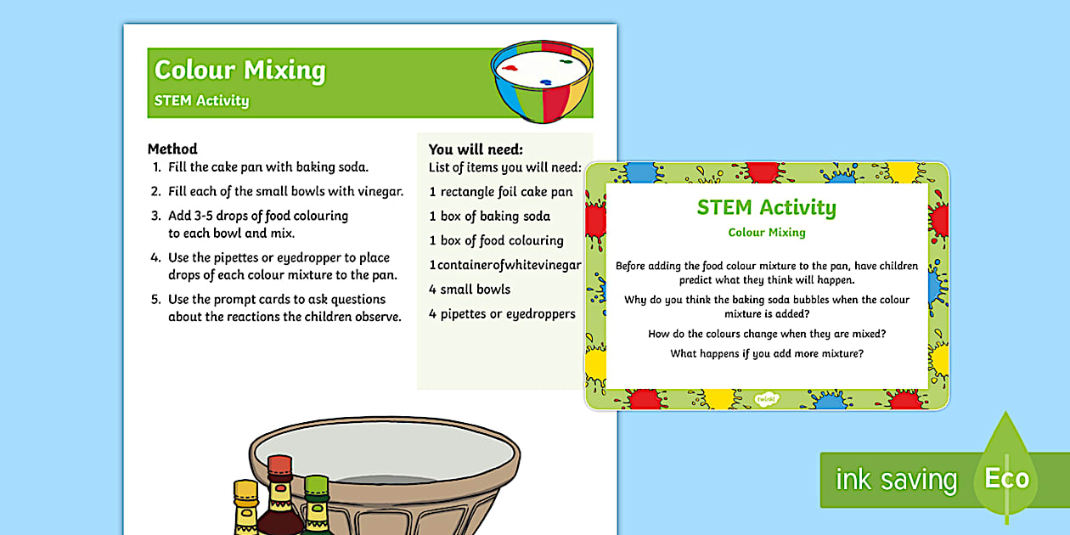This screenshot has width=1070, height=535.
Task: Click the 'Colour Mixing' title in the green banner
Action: click(x=239, y=70)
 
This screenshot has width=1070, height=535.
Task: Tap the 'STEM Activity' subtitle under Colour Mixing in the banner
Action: click(x=201, y=100)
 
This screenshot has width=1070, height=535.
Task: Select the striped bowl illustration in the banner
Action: click(x=541, y=87)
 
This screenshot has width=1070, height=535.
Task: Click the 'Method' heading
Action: click(x=172, y=149)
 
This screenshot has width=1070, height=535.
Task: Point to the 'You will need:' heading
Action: click(x=476, y=149)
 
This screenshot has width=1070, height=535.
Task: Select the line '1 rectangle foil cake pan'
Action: click(x=501, y=192)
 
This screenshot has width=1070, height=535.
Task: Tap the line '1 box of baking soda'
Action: click(x=490, y=217)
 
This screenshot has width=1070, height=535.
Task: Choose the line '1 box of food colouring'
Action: click(x=497, y=240)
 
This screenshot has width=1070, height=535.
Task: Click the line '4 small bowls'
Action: click(x=470, y=289)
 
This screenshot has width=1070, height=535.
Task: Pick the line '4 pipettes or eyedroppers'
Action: click(x=503, y=313)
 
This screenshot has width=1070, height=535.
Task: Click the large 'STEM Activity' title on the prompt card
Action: click(x=766, y=207)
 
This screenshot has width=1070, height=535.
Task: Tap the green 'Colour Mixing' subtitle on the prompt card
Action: click(x=767, y=232)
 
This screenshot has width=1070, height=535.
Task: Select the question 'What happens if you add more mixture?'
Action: click(x=767, y=353)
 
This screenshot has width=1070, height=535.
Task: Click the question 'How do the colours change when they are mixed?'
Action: click(x=767, y=334)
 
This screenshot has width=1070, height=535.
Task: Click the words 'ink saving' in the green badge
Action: click(x=896, y=481)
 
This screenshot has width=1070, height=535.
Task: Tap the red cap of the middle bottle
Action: click(x=279, y=466)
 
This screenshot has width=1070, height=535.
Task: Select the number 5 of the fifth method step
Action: click(x=155, y=299)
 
